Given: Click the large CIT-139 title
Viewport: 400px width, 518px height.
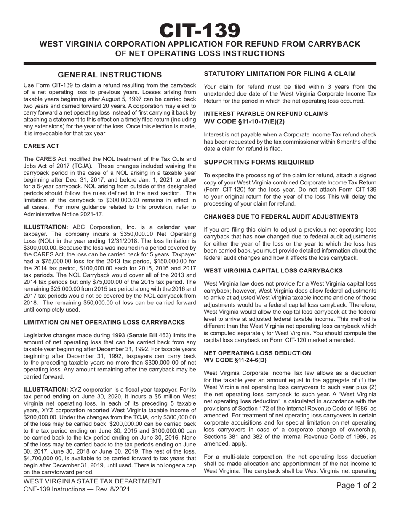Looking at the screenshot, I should click(x=200, y=30).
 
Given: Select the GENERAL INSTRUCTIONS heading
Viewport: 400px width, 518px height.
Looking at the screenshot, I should click(x=109, y=75).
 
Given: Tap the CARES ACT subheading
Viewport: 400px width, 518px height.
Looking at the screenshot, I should click(x=41, y=146).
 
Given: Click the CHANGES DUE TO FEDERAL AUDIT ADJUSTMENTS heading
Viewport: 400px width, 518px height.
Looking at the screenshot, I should click(x=281, y=216).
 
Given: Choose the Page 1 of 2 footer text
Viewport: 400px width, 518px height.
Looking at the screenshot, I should click(x=356, y=486).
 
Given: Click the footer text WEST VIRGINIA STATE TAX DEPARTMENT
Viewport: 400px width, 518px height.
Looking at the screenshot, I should click(x=92, y=481).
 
